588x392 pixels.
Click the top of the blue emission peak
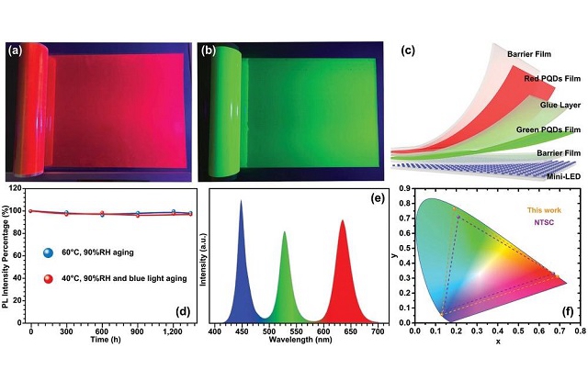(241, 201)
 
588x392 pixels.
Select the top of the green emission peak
(285, 232)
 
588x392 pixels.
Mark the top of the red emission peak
(343, 220)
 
